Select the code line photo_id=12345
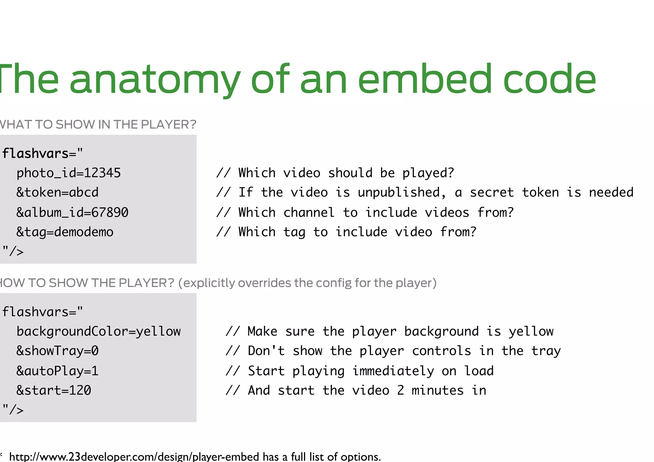tap(69, 173)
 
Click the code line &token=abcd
tap(57, 193)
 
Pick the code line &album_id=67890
tap(72, 212)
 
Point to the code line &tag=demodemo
tap(65, 232)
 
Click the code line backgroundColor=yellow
tap(99, 331)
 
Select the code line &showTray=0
tap(57, 351)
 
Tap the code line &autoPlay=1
tap(57, 371)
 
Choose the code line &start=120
tap(54, 390)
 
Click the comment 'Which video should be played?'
tap(335, 173)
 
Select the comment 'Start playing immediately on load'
tap(360, 371)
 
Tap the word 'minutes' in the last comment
tap(437, 390)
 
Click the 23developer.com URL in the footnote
tap(134, 457)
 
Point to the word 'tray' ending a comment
tap(546, 351)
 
